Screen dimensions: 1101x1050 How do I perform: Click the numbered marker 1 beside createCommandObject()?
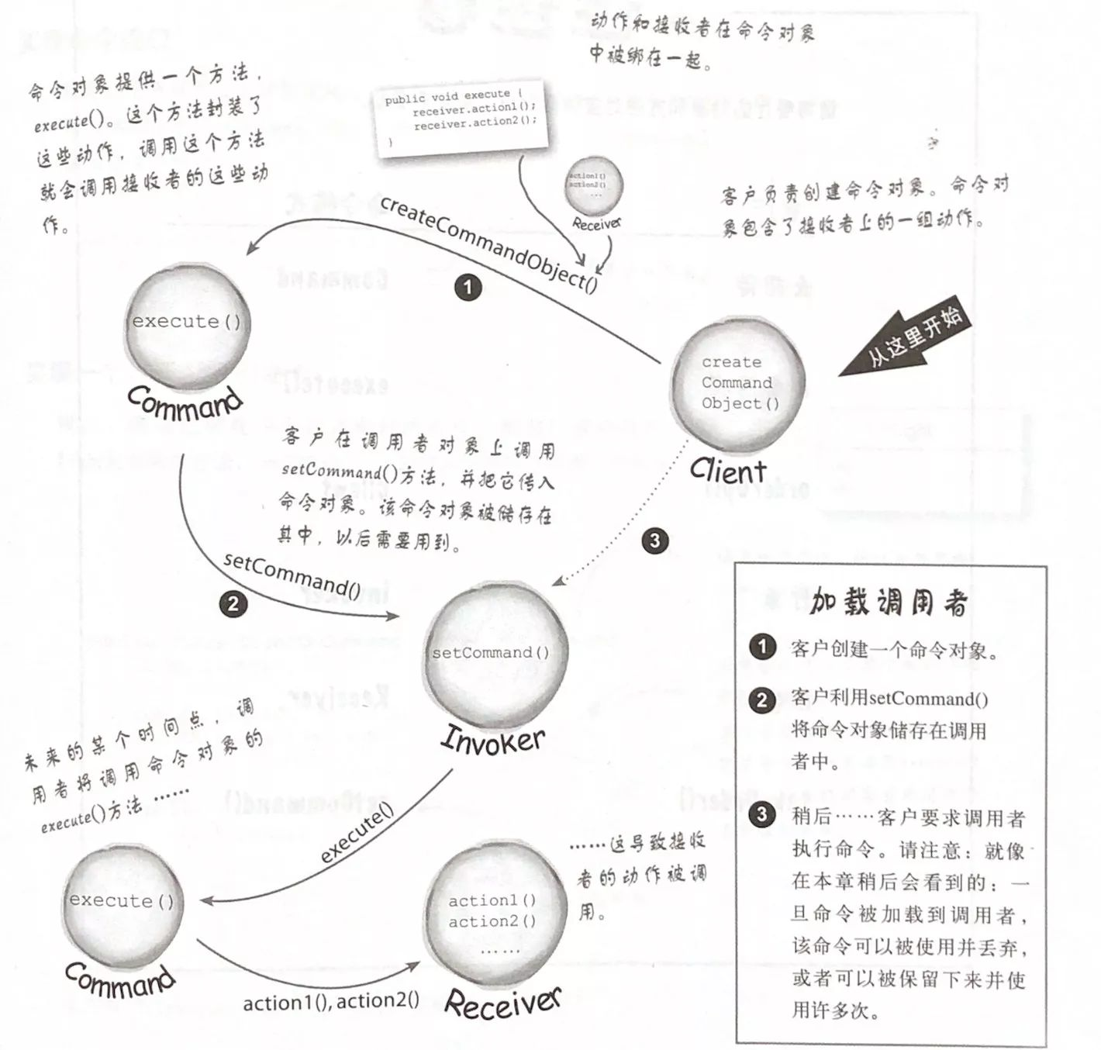tap(468, 288)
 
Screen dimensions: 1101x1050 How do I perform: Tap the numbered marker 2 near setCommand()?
tap(233, 604)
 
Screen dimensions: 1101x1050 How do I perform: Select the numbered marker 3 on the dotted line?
tap(655, 541)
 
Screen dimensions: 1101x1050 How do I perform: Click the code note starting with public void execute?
tap(461, 116)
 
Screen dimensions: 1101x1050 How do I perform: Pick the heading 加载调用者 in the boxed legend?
tap(889, 602)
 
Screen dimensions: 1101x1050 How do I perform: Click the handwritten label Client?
tap(727, 471)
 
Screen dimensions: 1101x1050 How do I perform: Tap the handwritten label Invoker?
tap(492, 740)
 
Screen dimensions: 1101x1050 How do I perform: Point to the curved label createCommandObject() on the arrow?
tap(488, 244)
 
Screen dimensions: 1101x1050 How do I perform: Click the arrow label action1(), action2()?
tap(331, 1002)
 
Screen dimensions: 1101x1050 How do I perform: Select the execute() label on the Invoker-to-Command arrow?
tap(357, 833)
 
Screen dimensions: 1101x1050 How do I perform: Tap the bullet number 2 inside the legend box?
tap(762, 699)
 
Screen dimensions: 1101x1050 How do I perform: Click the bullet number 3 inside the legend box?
tap(762, 815)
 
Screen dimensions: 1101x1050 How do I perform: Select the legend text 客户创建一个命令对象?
tap(893, 650)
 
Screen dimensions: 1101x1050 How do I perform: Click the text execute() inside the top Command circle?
tap(186, 322)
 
